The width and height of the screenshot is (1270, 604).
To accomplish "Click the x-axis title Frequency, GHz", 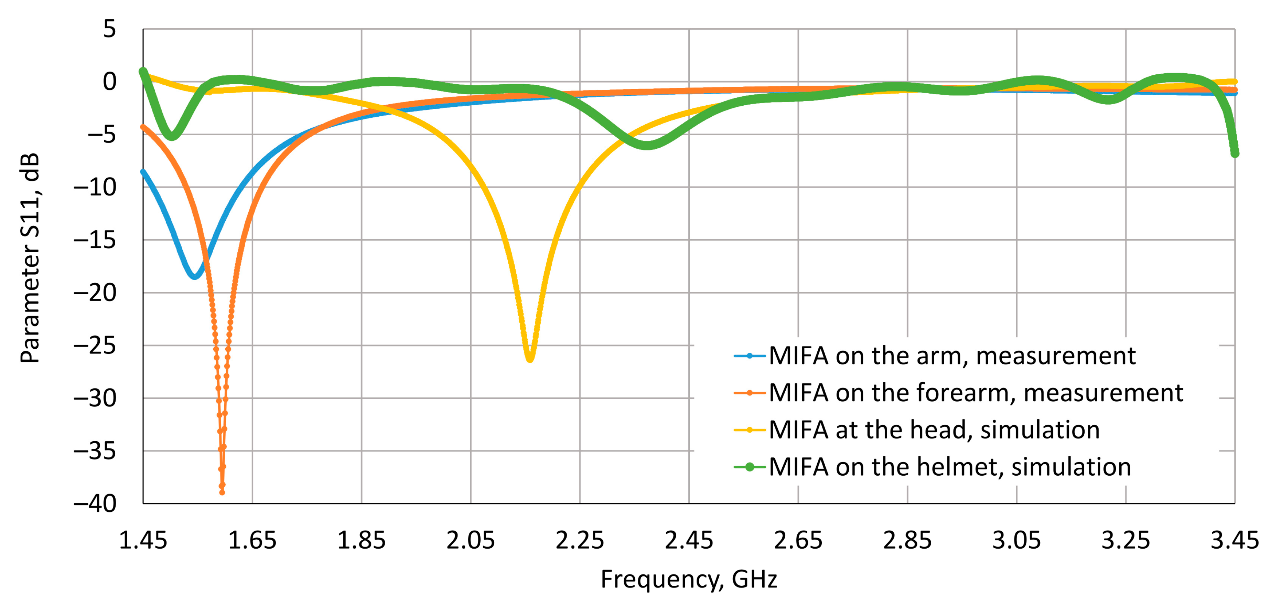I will coord(688,579).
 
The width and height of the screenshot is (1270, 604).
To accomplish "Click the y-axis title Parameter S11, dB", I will coord(30,258).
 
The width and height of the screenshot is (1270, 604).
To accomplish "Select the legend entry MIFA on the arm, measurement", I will coord(951,356).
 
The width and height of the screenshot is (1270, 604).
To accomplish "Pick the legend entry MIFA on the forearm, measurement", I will coord(975,393).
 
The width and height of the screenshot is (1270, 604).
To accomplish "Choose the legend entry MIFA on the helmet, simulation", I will coord(949,467).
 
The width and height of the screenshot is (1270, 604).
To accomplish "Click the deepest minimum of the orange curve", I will coord(222,492).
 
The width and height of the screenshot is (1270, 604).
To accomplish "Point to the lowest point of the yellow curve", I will coord(529,359).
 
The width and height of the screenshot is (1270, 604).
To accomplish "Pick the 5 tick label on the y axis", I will coord(109,29).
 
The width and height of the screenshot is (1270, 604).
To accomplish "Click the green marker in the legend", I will coord(750,467).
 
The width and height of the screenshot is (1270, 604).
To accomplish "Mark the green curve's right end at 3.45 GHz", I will coord(1235,153).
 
